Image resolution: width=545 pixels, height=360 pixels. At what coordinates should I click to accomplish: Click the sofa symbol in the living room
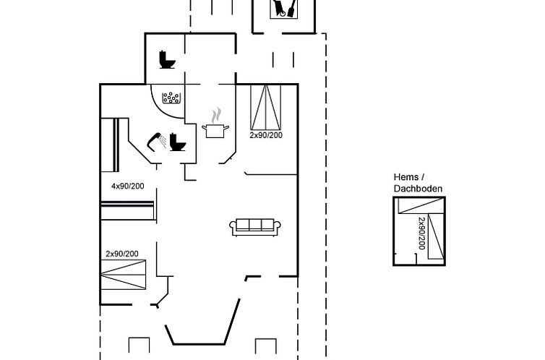click(255, 227)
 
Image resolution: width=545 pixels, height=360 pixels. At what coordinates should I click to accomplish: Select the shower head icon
click(157, 142)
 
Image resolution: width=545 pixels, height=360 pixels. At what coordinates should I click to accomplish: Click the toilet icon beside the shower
click(178, 142)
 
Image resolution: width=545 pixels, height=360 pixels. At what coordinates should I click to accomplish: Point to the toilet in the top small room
click(167, 60)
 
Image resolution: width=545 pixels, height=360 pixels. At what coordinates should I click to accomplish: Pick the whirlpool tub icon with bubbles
click(171, 98)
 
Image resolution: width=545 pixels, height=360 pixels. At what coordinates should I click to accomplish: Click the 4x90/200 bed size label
click(127, 187)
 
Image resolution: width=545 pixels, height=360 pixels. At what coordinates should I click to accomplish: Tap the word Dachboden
click(418, 189)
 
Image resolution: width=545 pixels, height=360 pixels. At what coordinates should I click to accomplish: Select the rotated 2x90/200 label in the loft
click(421, 233)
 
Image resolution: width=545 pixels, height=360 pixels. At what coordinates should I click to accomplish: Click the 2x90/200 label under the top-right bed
click(266, 135)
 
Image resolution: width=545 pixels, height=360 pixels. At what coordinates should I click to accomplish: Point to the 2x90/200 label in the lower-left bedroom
click(122, 254)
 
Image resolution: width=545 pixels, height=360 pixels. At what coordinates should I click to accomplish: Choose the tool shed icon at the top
click(284, 9)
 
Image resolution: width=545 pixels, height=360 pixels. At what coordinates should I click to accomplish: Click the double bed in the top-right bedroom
click(266, 108)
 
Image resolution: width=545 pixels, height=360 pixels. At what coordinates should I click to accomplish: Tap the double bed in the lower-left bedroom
click(124, 275)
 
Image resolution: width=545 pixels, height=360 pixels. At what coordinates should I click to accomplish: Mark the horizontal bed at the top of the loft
click(421, 205)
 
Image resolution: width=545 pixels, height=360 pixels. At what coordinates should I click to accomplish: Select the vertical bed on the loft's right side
click(436, 236)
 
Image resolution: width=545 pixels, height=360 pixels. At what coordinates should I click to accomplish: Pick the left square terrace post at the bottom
click(139, 346)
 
